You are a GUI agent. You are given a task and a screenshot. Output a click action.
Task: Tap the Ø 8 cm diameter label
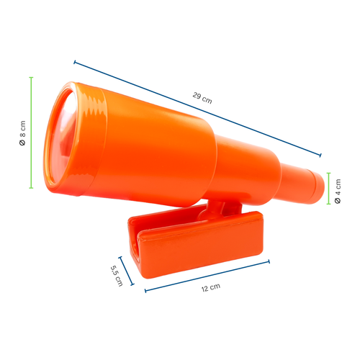point(22,132)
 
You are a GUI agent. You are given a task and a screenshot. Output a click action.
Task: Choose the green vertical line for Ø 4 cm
point(329,189)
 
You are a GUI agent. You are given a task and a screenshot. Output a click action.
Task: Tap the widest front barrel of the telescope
point(144,148)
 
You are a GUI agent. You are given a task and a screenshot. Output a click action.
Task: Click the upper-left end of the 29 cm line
point(75,63)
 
